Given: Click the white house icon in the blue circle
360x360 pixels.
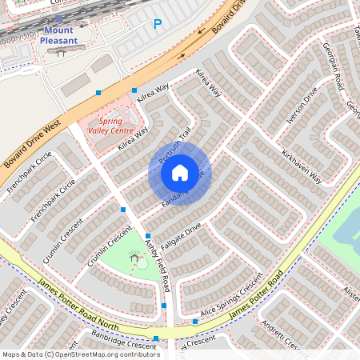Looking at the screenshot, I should coord(180,172).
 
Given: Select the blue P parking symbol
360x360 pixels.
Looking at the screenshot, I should coord(157,25).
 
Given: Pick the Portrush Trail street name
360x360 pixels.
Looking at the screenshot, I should coord(174,148).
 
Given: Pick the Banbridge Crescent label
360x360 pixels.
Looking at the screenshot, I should coord(123,339).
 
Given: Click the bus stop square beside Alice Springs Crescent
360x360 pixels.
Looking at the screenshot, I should coord(195,321).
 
